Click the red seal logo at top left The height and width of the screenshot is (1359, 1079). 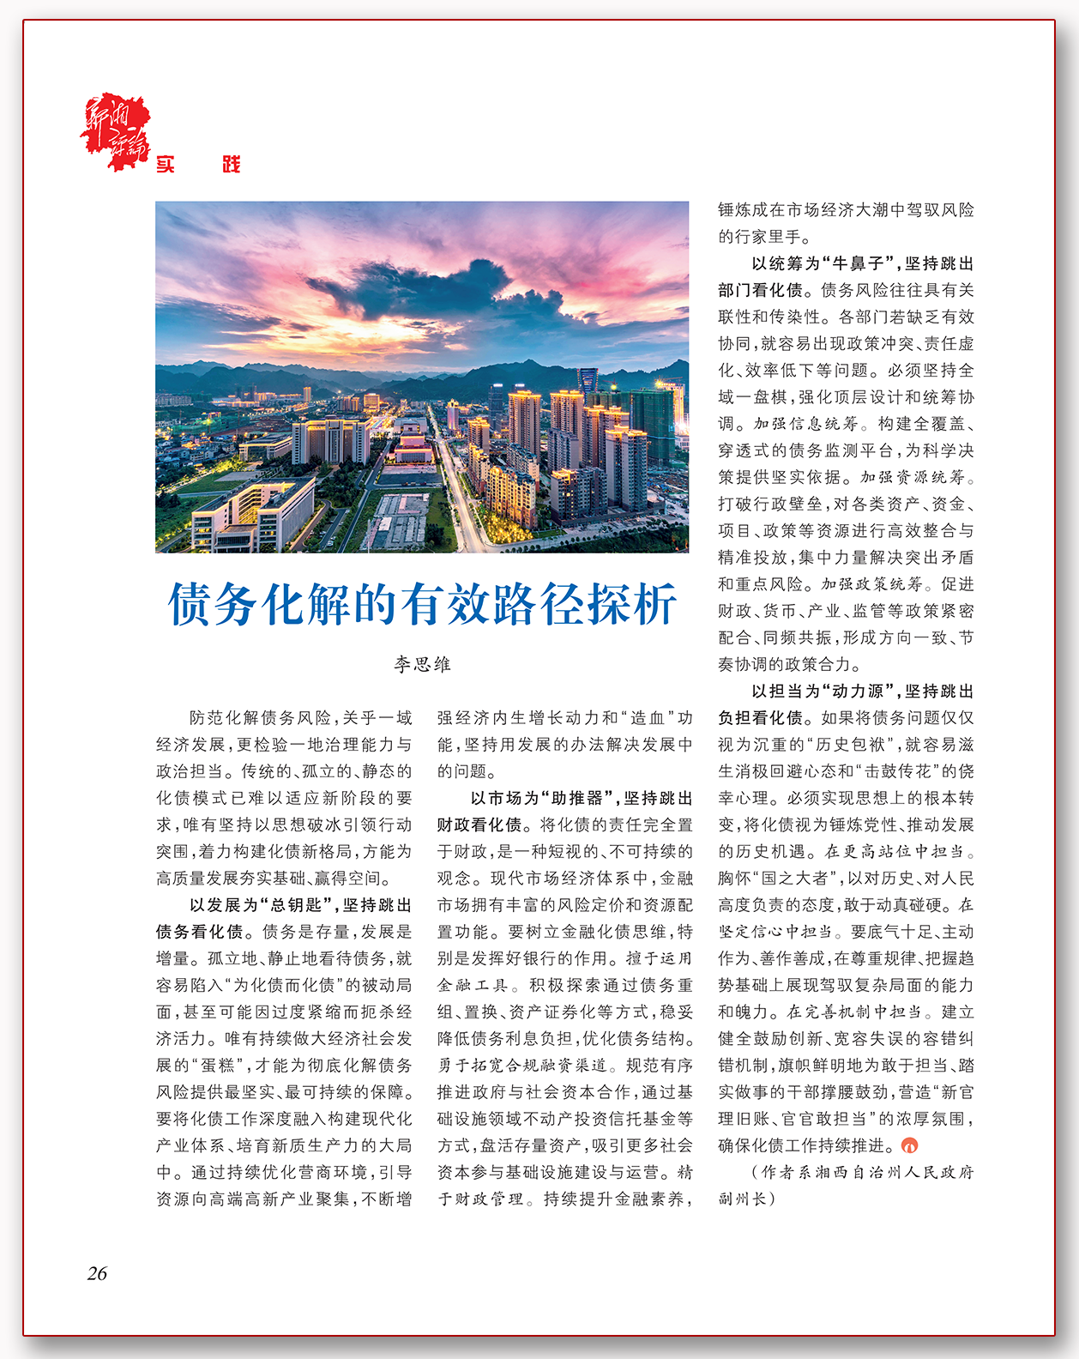tap(117, 130)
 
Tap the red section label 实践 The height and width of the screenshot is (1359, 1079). tap(198, 165)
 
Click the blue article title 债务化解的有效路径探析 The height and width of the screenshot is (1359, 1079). tap(422, 604)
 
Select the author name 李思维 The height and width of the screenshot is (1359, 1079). tap(422, 664)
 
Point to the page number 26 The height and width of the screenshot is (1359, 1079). tap(97, 1273)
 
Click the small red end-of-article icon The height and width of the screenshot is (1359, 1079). tap(911, 1145)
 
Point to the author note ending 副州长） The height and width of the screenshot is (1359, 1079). tap(746, 1199)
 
